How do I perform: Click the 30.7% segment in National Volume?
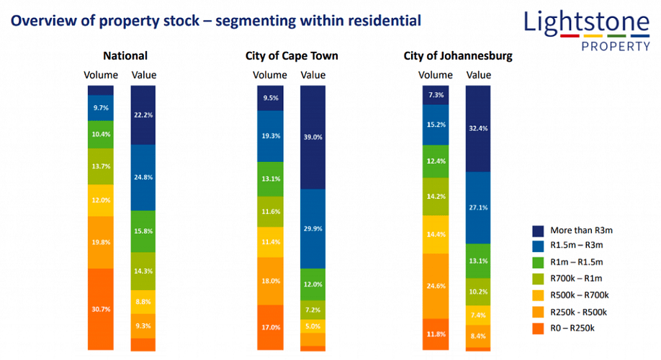(x=101, y=309)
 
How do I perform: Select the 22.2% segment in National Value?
(x=143, y=115)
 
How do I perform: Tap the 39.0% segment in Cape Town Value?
(x=312, y=137)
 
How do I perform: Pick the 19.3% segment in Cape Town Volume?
(x=271, y=136)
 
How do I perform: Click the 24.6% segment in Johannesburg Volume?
(x=435, y=286)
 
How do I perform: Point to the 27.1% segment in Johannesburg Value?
(x=477, y=208)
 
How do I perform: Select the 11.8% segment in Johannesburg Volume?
(x=435, y=334)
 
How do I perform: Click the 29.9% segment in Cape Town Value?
(x=312, y=228)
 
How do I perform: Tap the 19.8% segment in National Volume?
(x=101, y=243)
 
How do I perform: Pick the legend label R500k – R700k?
(x=580, y=294)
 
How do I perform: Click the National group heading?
(x=125, y=55)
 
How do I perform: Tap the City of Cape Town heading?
(x=292, y=55)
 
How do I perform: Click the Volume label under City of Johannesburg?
(x=436, y=75)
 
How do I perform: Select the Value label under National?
(x=143, y=75)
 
